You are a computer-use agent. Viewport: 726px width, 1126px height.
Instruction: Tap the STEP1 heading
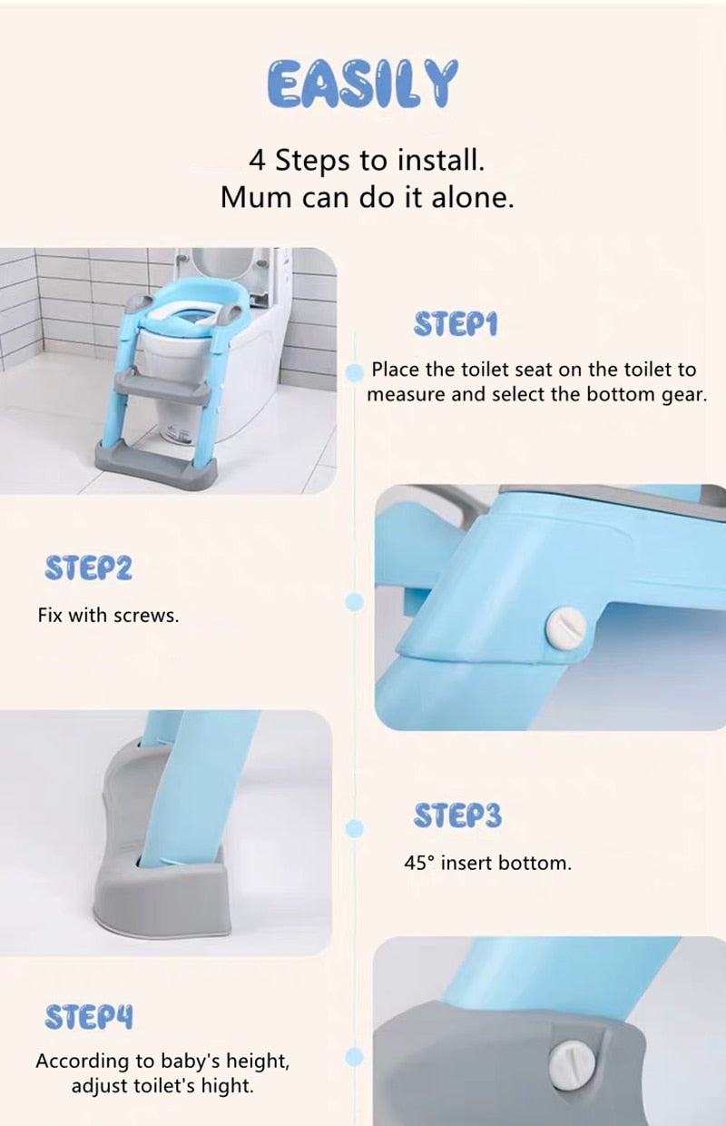click(456, 324)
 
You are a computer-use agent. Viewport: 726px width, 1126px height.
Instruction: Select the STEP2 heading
click(89, 570)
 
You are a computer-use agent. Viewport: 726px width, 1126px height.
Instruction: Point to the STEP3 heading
click(456, 815)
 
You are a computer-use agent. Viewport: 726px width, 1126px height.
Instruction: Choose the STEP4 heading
click(89, 1017)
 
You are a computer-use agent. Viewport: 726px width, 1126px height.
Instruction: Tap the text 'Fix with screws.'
click(108, 615)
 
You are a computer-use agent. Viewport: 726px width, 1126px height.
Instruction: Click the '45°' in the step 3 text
click(420, 863)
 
